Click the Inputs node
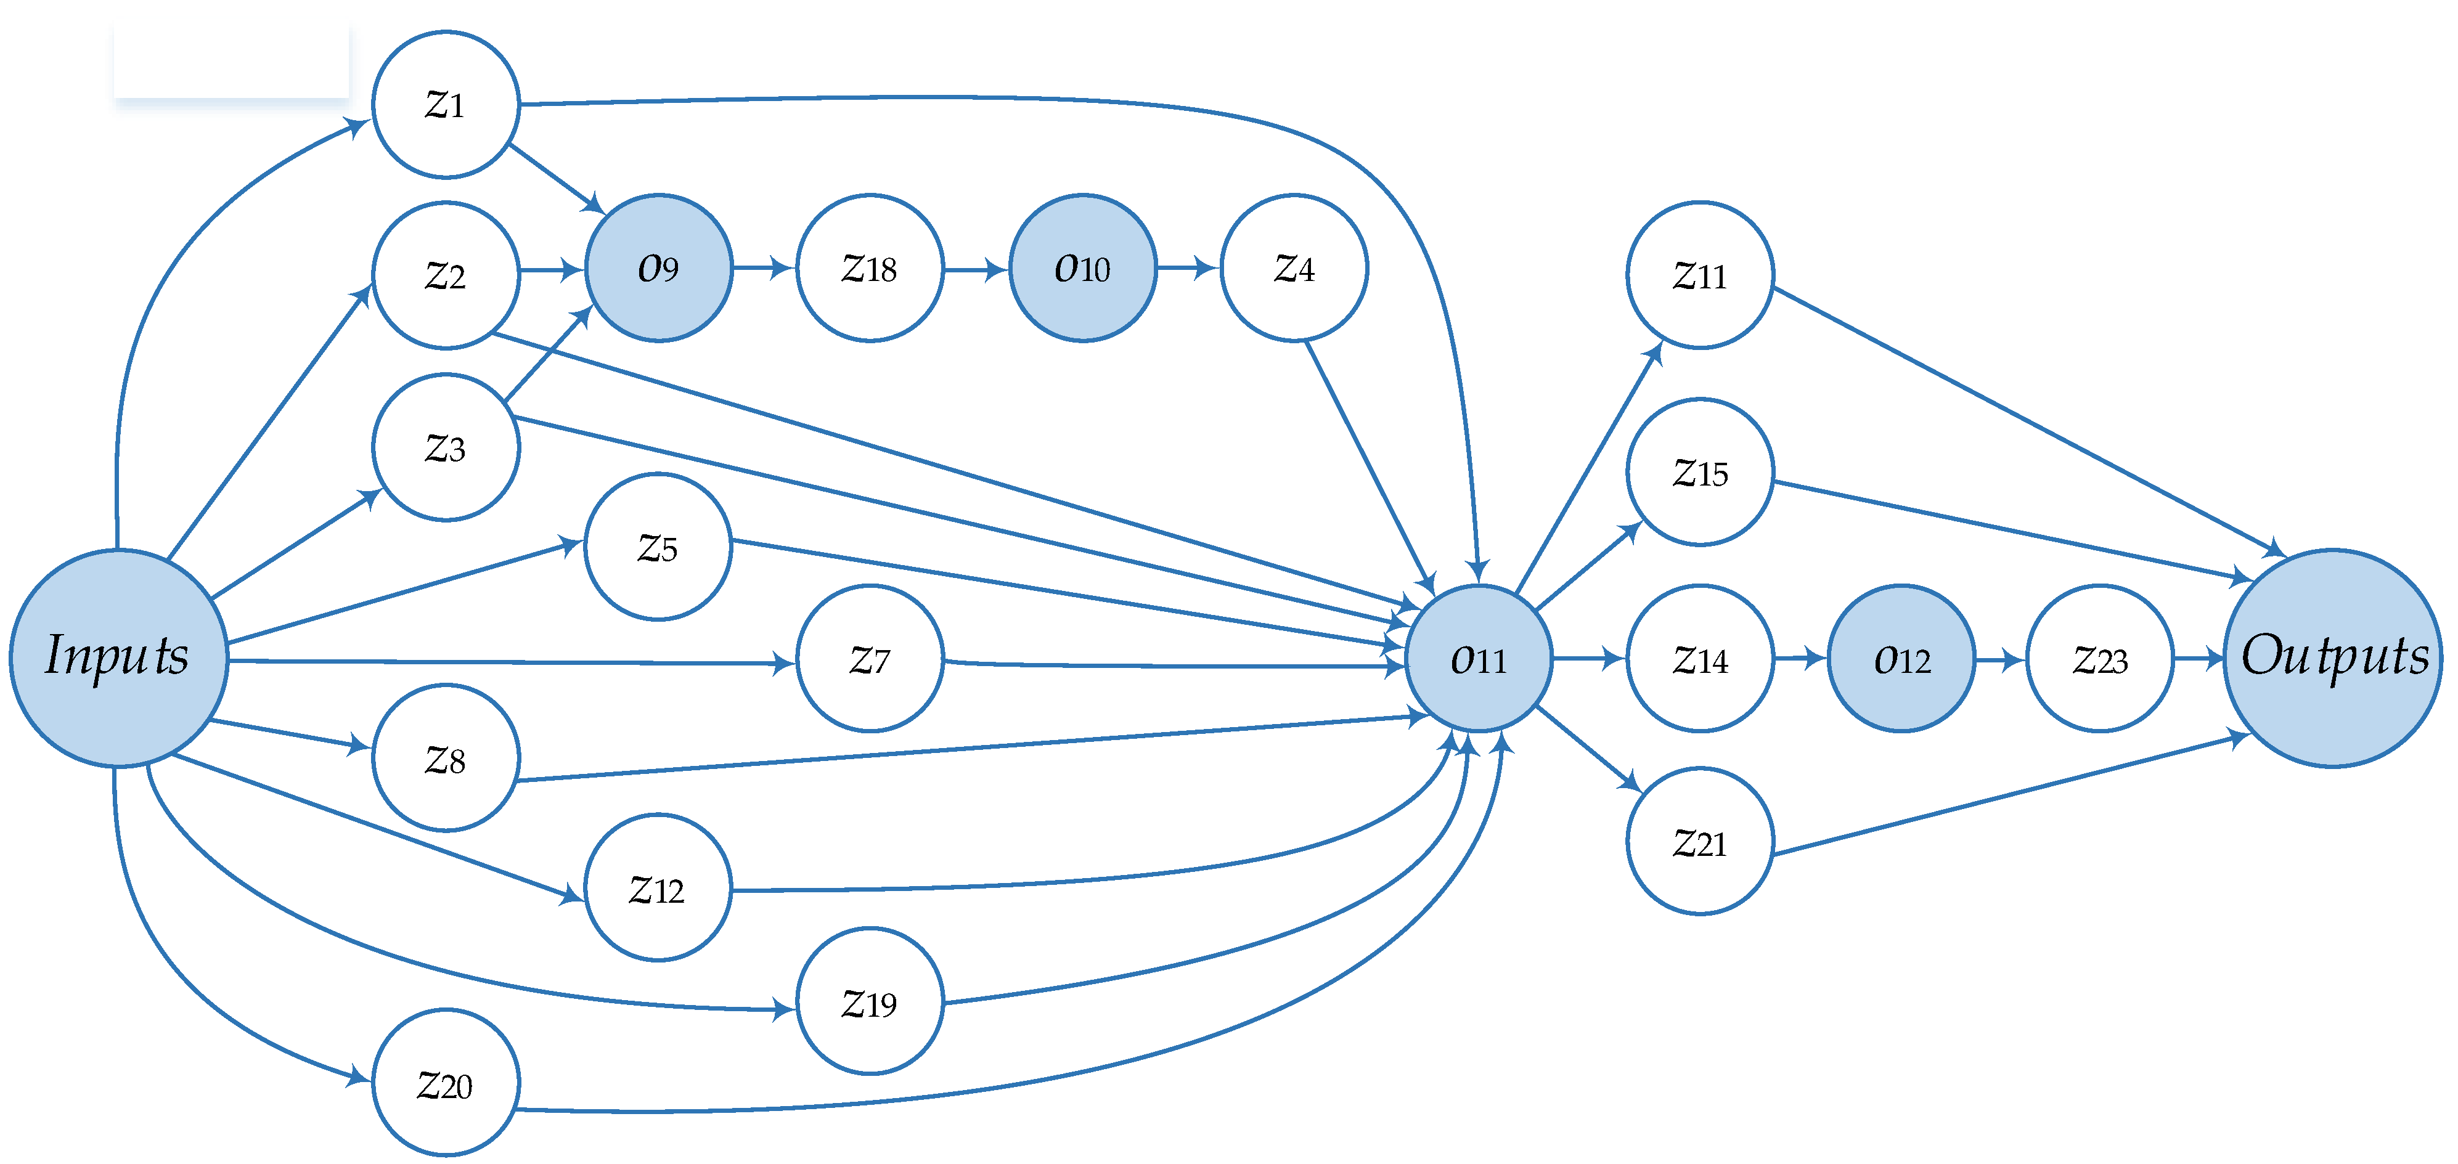click(x=118, y=657)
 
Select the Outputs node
click(x=2332, y=657)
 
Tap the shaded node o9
click(x=658, y=268)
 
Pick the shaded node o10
click(x=1082, y=268)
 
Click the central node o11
click(x=1478, y=658)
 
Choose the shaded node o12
click(x=1901, y=658)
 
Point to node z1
click(x=446, y=104)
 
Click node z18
click(x=869, y=268)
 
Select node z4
click(x=1294, y=268)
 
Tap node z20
click(x=446, y=1083)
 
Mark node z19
click(x=869, y=1002)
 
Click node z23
click(x=2099, y=658)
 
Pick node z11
click(x=1699, y=275)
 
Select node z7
click(x=869, y=658)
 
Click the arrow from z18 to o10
click(x=975, y=270)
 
